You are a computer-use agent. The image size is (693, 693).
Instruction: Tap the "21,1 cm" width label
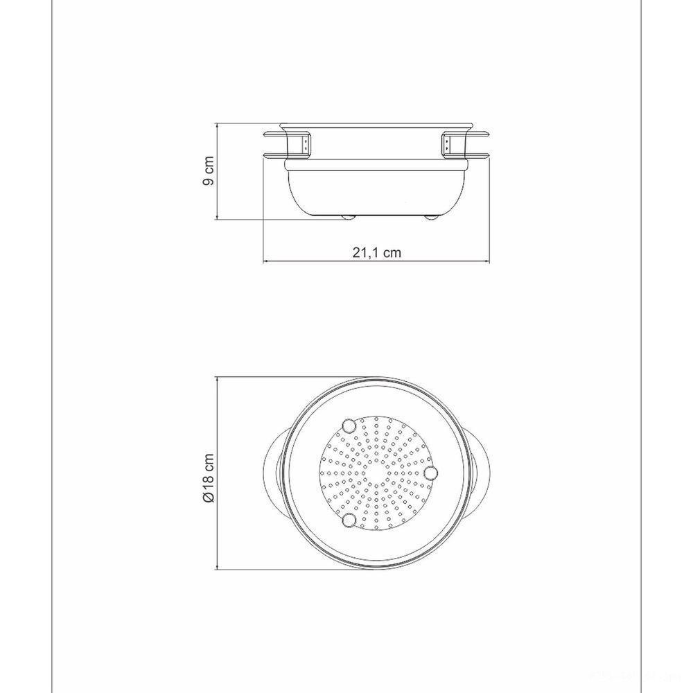tap(377, 253)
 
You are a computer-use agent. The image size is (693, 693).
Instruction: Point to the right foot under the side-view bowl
tap(431, 218)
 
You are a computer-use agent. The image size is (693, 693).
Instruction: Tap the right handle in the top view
tap(480, 472)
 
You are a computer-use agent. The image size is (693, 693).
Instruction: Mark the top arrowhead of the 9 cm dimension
tap(219, 127)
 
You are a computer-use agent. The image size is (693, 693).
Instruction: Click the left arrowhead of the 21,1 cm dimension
tap(266, 262)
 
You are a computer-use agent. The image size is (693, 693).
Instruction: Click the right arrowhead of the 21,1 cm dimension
tap(490, 262)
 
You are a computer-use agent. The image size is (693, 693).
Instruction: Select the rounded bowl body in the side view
tap(378, 191)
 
